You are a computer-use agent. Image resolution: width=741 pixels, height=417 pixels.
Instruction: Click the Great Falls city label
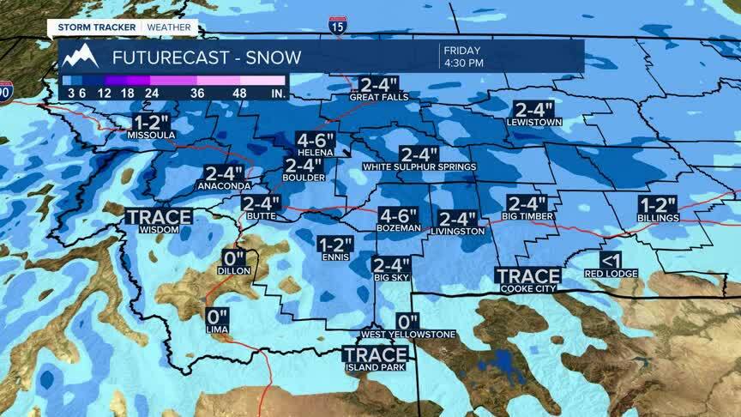coord(378,98)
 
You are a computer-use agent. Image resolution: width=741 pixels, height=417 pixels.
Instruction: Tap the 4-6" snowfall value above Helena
coord(316,141)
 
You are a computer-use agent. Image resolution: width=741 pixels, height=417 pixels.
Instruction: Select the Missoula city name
coord(151,136)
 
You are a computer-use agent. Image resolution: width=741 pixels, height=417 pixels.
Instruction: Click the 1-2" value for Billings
coord(658,205)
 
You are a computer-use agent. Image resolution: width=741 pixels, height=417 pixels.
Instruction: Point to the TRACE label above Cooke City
coord(528,276)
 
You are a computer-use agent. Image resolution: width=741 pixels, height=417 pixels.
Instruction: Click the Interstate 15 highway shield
coord(338,26)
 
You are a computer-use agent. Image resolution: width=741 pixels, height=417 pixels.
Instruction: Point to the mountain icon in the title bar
coord(80,57)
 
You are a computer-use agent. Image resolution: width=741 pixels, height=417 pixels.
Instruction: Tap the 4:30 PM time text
coord(463,63)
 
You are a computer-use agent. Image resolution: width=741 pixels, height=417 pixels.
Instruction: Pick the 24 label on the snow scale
coord(153,92)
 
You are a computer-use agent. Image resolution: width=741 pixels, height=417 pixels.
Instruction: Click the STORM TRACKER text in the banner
coord(97,27)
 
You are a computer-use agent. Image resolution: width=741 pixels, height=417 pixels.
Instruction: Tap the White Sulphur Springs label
coord(419,166)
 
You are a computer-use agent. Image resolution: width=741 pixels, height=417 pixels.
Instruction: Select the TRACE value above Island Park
coord(376,354)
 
